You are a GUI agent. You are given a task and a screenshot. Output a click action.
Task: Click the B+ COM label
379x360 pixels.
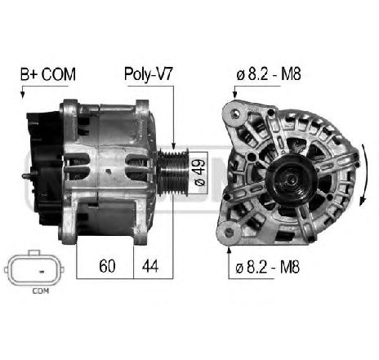(x=47, y=73)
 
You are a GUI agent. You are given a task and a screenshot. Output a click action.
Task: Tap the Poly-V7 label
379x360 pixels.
(x=148, y=73)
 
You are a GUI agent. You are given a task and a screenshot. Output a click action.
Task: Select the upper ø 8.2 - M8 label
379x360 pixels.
(x=270, y=73)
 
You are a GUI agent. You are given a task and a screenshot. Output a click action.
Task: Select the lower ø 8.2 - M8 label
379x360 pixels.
(x=269, y=266)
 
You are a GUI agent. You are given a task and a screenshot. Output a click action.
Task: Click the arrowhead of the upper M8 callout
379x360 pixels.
(x=234, y=96)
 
